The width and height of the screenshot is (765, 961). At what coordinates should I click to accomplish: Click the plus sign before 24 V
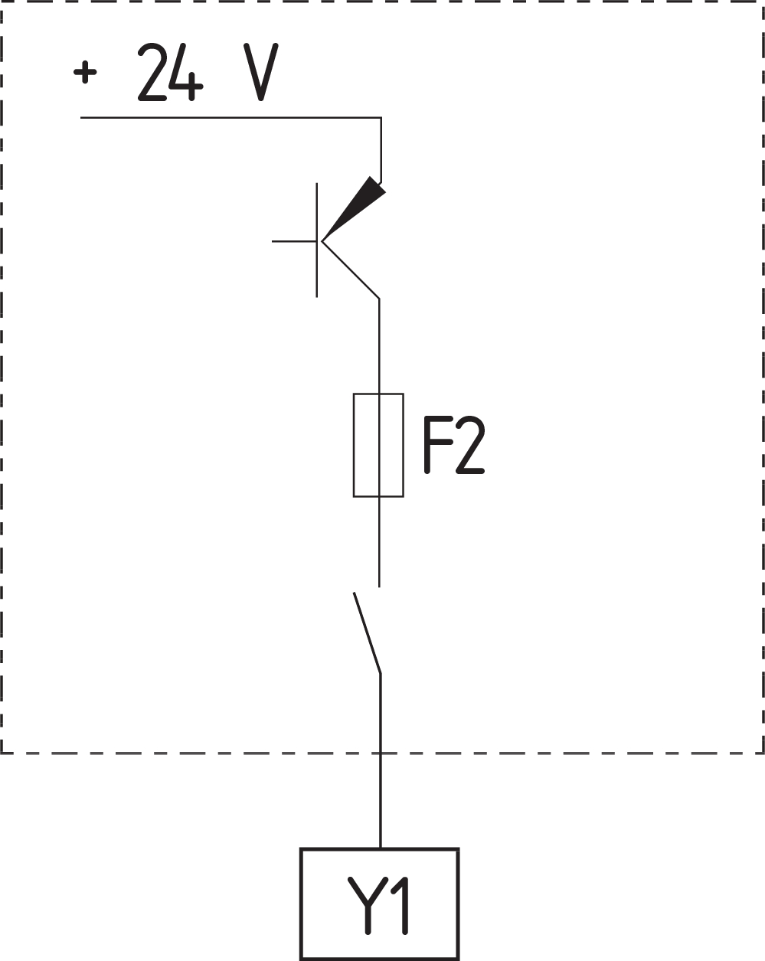click(86, 73)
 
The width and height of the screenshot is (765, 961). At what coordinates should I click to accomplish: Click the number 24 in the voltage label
click(170, 73)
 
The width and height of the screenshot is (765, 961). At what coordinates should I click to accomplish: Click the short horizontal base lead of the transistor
click(294, 240)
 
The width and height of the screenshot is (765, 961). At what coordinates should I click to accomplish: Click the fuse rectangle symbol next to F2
click(378, 445)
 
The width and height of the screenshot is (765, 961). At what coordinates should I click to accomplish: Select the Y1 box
click(380, 904)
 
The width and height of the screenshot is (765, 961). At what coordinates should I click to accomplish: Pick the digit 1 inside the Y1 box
click(400, 905)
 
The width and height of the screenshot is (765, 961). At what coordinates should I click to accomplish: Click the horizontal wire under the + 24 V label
click(230, 118)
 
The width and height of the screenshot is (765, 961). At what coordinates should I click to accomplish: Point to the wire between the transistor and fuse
click(379, 345)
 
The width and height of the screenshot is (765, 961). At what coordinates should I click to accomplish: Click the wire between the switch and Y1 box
click(381, 766)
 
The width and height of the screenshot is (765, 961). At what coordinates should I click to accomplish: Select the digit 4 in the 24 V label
click(188, 73)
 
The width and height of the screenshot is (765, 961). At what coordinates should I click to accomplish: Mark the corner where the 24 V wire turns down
click(381, 119)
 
